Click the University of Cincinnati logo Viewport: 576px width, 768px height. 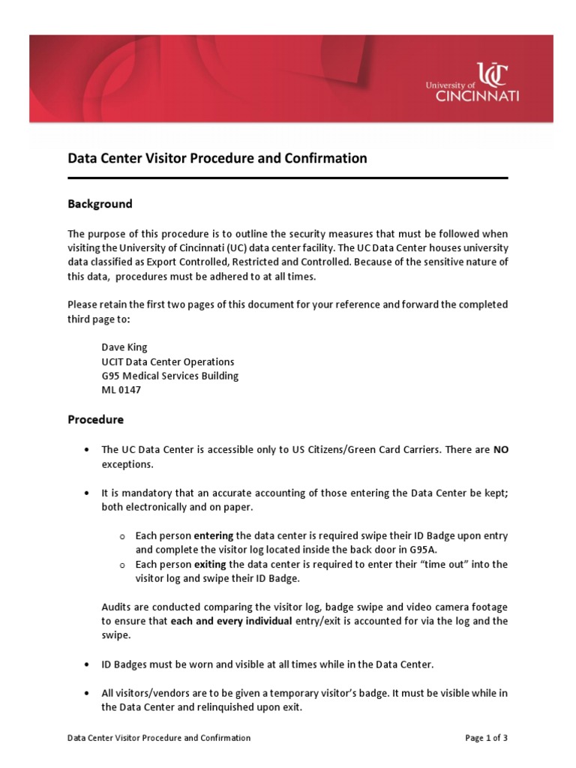(x=472, y=82)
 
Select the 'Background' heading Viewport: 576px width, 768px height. (x=100, y=204)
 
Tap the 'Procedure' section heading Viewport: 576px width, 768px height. (x=95, y=419)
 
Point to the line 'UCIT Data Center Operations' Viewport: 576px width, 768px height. (x=168, y=361)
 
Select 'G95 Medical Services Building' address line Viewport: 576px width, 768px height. (x=170, y=376)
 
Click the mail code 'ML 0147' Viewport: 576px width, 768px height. (x=121, y=390)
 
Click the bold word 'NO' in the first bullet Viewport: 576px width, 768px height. (x=500, y=450)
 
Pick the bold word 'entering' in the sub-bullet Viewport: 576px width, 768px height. (x=214, y=535)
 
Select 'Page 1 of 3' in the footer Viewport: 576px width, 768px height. (x=486, y=738)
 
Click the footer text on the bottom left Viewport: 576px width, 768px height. (x=159, y=738)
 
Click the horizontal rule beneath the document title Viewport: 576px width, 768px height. (x=288, y=178)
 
